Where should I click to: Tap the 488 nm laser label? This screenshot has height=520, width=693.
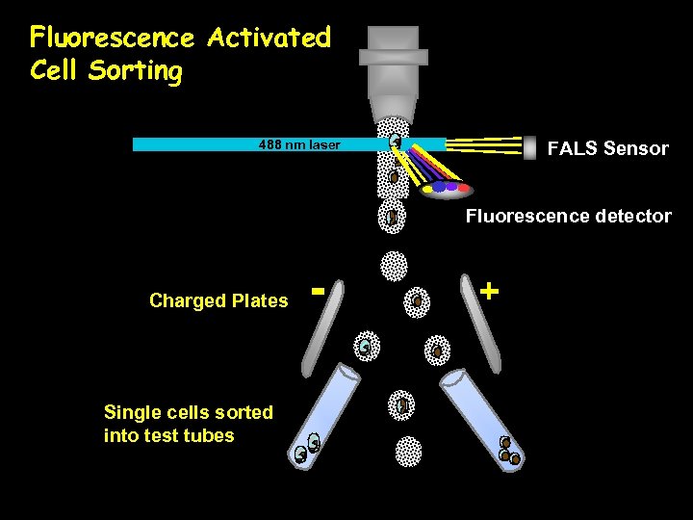click(x=298, y=145)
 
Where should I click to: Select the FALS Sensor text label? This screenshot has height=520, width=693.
click(x=607, y=148)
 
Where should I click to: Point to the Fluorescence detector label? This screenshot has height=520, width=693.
click(x=568, y=216)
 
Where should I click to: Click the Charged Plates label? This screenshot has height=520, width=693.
click(x=218, y=300)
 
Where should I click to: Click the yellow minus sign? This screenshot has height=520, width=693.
click(x=318, y=288)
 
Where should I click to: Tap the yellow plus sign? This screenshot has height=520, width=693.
click(x=490, y=289)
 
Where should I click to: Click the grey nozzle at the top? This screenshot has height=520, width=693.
click(x=393, y=67)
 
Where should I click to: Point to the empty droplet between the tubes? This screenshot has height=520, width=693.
click(x=408, y=450)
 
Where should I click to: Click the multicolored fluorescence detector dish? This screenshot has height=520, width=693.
click(x=444, y=188)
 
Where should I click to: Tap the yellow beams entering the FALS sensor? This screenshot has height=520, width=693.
click(x=481, y=144)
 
